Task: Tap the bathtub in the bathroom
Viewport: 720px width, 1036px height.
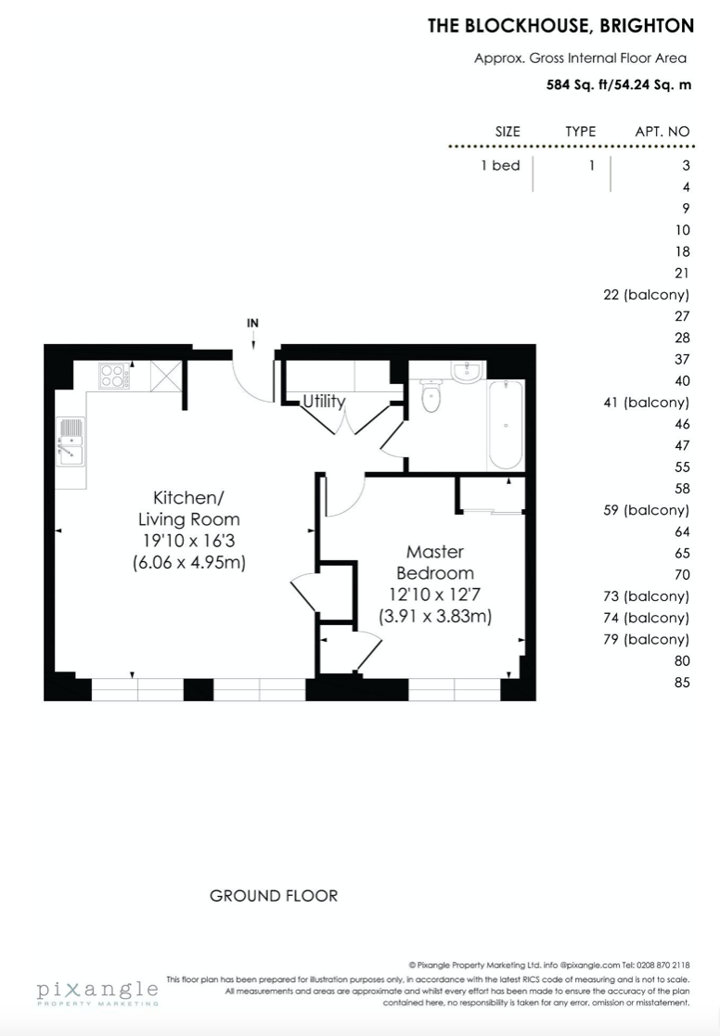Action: [x=506, y=424]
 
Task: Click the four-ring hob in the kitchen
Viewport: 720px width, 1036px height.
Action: [x=114, y=376]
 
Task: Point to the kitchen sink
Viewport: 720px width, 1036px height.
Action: [x=71, y=441]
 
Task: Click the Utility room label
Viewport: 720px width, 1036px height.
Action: [x=324, y=402]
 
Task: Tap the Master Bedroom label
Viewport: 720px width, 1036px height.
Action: [x=435, y=562]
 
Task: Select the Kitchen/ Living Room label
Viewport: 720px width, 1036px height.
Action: [x=188, y=508]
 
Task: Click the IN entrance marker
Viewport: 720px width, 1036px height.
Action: [x=252, y=323]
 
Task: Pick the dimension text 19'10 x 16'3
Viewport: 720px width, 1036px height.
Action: [x=189, y=541]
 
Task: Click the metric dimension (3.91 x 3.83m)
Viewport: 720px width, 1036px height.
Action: [x=435, y=617]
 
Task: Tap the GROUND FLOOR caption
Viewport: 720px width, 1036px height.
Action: [x=274, y=896]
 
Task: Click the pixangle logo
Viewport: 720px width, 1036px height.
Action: [x=97, y=992]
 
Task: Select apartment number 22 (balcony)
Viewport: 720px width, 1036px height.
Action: [x=646, y=295]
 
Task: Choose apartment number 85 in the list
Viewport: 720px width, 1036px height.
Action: [x=682, y=683]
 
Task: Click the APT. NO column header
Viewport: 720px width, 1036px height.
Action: [x=662, y=132]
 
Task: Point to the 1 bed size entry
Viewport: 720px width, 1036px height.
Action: [x=500, y=166]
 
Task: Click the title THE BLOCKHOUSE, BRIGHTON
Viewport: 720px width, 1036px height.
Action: [x=560, y=26]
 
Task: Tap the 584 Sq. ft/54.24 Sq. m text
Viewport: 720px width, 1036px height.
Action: [x=619, y=84]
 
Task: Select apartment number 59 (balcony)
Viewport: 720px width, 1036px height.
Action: [x=646, y=510]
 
